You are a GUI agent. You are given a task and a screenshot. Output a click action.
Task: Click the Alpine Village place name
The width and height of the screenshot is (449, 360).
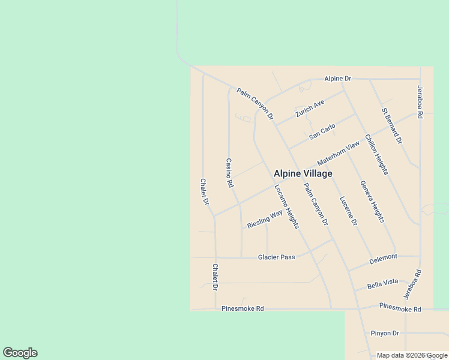pos(303,173)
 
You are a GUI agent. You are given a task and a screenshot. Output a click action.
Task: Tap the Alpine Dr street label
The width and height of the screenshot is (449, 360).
pos(337,79)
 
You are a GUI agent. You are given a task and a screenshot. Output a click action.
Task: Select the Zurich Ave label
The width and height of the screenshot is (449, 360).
pos(310,109)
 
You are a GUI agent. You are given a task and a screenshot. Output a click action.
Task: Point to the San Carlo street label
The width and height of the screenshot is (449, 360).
pos(322,133)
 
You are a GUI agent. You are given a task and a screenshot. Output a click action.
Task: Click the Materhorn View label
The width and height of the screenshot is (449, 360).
pos(339,154)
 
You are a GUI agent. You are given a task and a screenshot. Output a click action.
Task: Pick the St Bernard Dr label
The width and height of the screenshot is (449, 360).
pos(392,125)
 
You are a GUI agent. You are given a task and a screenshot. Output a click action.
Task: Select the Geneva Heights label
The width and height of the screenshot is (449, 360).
pos(372,202)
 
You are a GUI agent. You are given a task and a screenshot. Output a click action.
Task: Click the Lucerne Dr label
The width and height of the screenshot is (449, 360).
pos(348,211)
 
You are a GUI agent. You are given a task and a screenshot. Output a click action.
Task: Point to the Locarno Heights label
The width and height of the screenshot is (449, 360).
pos(286,206)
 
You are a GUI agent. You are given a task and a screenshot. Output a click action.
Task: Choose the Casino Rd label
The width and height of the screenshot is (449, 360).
pos(229,173)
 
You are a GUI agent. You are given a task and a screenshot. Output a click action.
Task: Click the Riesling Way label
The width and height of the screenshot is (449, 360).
pos(264,220)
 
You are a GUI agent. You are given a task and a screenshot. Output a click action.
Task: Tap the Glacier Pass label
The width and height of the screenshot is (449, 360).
pos(276,257)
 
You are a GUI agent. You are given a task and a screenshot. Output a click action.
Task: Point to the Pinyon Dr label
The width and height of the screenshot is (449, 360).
pos(384,333)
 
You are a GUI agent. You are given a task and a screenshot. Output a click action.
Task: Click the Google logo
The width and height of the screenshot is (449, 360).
pos(19,353)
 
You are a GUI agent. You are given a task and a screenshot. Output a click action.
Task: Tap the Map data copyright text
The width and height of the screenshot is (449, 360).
pos(412,355)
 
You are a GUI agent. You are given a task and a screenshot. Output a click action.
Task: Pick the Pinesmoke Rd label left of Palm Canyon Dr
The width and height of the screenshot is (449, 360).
pos(243,309)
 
